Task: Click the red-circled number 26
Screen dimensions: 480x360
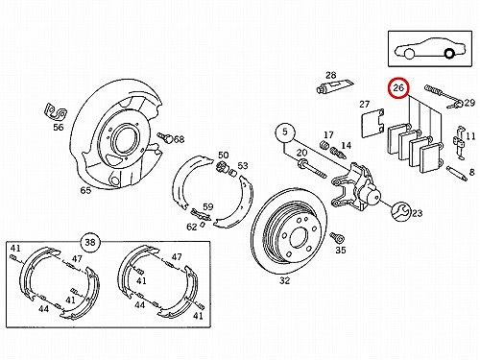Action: tap(398, 87)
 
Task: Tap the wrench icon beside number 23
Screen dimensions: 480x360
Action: tap(400, 211)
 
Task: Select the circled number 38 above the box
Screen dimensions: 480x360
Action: tap(90, 242)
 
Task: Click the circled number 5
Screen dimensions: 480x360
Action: tap(285, 132)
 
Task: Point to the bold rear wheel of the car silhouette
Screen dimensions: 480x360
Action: tap(449, 54)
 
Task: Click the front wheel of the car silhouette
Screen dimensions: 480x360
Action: tap(409, 54)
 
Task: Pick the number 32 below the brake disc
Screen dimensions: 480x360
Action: tap(284, 280)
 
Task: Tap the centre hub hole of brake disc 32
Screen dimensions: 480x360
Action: tap(299, 237)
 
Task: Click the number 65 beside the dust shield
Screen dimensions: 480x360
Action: tap(85, 190)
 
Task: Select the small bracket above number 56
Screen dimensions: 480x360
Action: tap(56, 111)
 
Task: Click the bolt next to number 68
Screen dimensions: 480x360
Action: tap(165, 137)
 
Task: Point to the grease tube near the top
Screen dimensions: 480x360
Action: tap(334, 85)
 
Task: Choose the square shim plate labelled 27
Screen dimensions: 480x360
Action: tap(372, 124)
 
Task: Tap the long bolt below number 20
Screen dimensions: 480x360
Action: tap(312, 169)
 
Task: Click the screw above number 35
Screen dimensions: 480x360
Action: tap(337, 238)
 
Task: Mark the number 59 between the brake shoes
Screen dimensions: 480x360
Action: tap(208, 206)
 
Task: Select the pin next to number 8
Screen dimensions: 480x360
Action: tap(456, 173)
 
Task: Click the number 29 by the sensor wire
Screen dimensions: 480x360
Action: tap(469, 103)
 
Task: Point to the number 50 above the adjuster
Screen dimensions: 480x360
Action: tap(224, 155)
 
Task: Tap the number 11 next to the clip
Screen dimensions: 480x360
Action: tap(470, 136)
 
